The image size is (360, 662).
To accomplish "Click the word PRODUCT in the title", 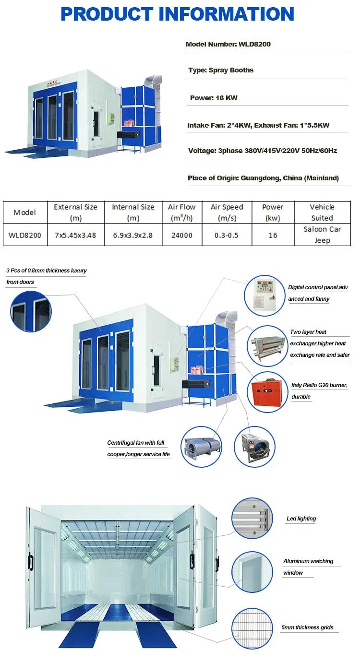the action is click(x=107, y=14).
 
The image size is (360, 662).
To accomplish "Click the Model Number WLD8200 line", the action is click(x=228, y=44).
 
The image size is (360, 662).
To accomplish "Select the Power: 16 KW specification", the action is click(x=214, y=98).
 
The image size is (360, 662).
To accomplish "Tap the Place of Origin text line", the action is click(x=263, y=178).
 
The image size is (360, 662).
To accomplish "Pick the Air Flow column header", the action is click(x=182, y=213).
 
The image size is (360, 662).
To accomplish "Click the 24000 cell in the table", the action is click(x=182, y=235).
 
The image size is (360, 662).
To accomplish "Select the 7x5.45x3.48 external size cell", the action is click(x=75, y=235).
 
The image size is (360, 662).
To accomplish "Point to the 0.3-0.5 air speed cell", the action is click(x=227, y=235).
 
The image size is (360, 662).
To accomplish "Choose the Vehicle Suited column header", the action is click(x=322, y=213).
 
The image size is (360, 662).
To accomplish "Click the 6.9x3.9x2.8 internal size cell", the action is click(x=133, y=235).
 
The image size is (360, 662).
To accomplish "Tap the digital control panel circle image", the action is click(x=264, y=295).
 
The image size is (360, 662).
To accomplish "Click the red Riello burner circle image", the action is click(x=267, y=392).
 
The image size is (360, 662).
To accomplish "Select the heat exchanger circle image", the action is click(x=267, y=346).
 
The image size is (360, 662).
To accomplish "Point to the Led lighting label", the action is click(x=301, y=519).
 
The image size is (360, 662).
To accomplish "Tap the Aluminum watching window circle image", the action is click(x=252, y=572).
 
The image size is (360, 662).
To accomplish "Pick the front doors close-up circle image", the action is click(x=31, y=311).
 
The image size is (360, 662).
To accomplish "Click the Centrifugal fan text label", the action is click(x=138, y=449).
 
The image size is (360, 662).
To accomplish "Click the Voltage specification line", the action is click(x=263, y=151).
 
